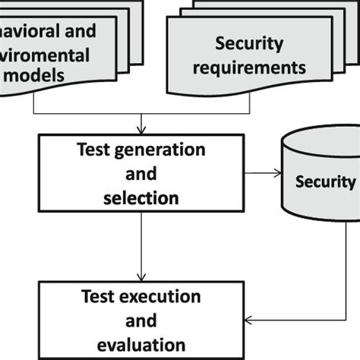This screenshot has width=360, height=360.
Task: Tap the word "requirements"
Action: (x=250, y=67)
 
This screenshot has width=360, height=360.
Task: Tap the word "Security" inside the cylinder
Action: (x=325, y=182)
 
